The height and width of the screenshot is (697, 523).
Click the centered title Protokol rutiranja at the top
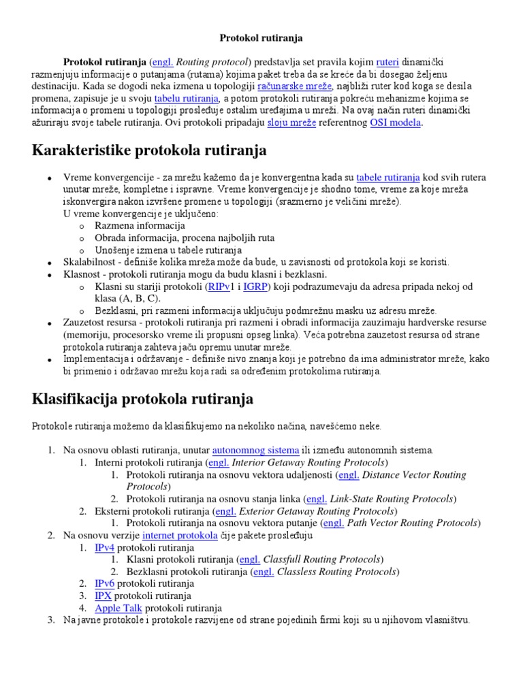[x=261, y=37]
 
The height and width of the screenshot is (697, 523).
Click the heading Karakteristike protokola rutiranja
[x=149, y=150]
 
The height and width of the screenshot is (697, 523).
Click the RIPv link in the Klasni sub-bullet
[x=219, y=287]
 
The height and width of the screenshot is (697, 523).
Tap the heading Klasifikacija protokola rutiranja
[x=142, y=398]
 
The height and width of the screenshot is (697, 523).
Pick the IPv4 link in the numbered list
[x=104, y=548]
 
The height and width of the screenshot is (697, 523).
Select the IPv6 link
[x=104, y=583]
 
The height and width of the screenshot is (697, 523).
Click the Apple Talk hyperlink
[x=118, y=608]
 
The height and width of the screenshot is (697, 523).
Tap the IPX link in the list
[x=103, y=596]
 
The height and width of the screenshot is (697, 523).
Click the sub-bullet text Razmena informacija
[x=140, y=225]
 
